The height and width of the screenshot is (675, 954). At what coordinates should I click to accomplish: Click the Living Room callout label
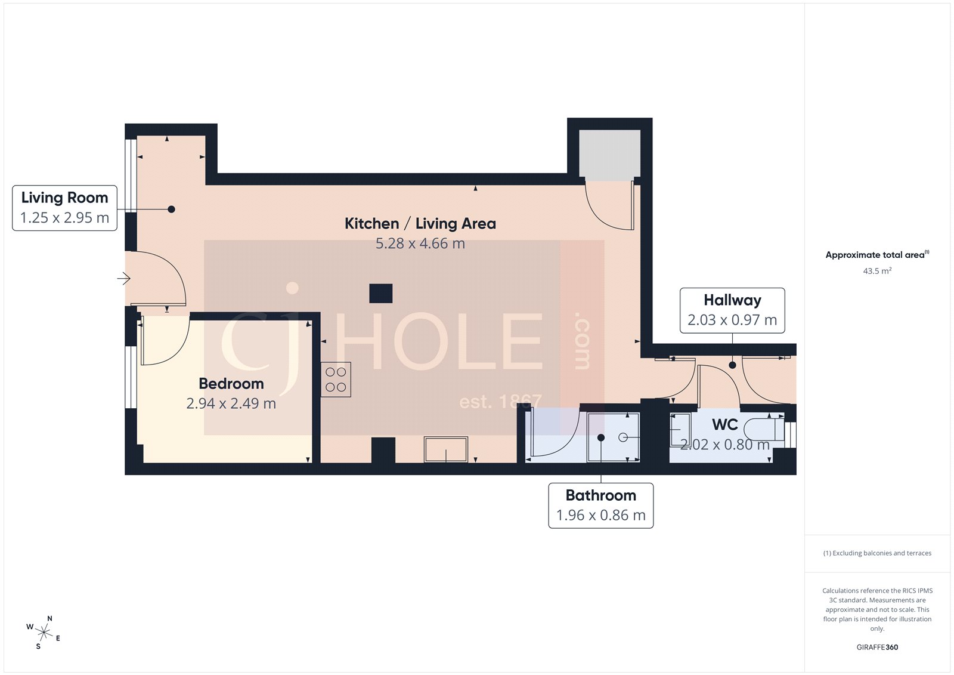tap(64, 208)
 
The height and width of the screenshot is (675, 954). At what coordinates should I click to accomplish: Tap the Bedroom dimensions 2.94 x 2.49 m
tap(231, 403)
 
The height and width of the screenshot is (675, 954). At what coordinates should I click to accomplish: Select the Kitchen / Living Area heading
tap(420, 223)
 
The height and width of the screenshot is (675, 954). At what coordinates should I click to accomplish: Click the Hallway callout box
tap(732, 310)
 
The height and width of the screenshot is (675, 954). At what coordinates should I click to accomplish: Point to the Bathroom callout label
tap(600, 505)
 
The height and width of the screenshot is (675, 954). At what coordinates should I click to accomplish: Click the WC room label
tap(724, 425)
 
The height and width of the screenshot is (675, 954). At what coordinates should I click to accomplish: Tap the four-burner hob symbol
tap(336, 380)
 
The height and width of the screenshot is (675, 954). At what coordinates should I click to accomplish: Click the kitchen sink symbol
tap(446, 449)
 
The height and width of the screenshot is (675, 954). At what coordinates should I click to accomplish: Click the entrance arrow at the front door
tap(123, 279)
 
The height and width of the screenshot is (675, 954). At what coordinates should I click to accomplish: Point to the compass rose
tap(44, 632)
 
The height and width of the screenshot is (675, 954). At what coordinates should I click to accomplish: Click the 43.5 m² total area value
tap(877, 271)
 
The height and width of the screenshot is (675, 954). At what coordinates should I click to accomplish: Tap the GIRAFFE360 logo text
tap(877, 647)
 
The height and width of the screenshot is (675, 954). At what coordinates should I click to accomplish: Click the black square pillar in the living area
tap(380, 294)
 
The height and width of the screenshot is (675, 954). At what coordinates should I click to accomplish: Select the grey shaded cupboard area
tap(609, 154)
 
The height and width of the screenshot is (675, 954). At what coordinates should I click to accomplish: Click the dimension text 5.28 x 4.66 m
tap(420, 244)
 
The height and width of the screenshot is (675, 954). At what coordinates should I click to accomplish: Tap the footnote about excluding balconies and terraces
tap(877, 553)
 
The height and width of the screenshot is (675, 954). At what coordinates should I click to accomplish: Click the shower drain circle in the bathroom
tap(623, 437)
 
